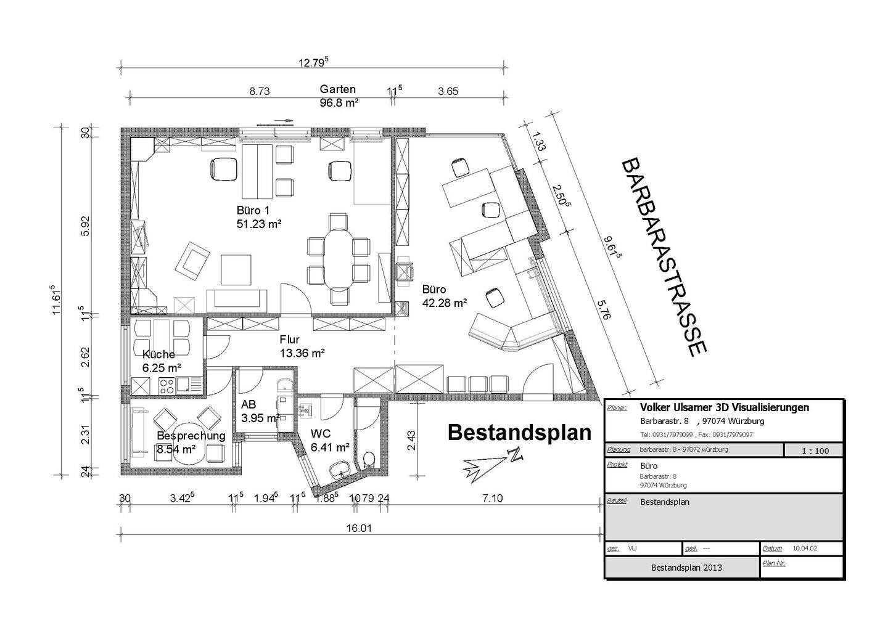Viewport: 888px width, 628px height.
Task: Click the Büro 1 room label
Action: click(253, 210)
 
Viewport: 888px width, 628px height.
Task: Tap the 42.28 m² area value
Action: click(444, 303)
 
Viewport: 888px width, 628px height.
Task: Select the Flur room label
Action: click(289, 339)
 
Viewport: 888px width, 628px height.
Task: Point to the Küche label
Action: click(158, 354)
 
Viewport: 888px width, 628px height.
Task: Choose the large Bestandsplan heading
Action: click(519, 432)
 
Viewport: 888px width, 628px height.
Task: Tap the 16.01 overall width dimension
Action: click(360, 528)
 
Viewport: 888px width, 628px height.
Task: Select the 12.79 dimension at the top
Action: click(314, 62)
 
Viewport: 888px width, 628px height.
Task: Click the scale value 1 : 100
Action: click(815, 451)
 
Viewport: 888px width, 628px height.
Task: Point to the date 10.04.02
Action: click(805, 548)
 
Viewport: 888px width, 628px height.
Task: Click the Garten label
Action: click(337, 89)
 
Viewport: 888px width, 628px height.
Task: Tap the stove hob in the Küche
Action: click(166, 385)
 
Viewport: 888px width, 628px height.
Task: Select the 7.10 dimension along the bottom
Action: click(493, 498)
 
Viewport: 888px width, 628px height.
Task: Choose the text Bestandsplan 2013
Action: click(686, 567)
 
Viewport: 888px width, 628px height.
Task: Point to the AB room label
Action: click(249, 405)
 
